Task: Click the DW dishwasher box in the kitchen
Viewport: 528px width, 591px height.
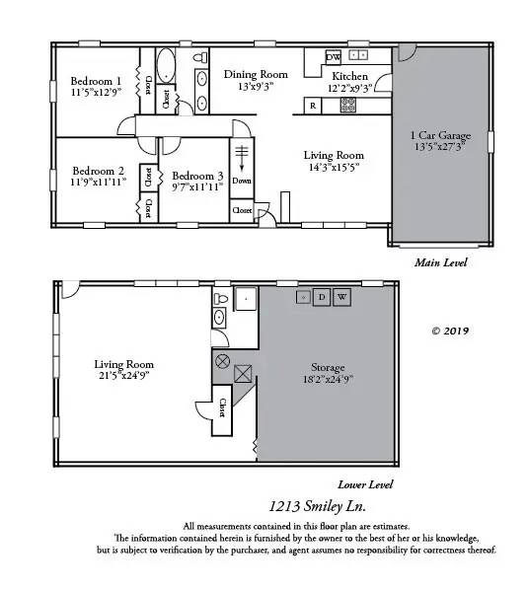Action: (333, 57)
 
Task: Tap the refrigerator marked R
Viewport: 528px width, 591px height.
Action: (313, 106)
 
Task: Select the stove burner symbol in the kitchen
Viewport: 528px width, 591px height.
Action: (347, 106)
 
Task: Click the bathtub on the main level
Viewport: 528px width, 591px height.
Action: (166, 65)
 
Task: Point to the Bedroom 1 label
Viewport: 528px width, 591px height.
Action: (96, 81)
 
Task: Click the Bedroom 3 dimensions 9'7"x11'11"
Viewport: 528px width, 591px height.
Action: (197, 186)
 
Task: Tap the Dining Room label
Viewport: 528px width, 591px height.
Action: (256, 74)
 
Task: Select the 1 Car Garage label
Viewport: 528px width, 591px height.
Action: (440, 135)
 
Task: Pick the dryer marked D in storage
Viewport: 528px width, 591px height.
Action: (322, 297)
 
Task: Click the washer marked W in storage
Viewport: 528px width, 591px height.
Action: (341, 297)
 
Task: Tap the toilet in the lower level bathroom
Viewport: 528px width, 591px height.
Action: (221, 299)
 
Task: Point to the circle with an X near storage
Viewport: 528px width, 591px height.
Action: (222, 361)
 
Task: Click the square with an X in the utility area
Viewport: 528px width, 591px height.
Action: (243, 374)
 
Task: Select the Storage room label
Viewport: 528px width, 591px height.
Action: (328, 367)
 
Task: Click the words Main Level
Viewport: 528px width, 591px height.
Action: (441, 262)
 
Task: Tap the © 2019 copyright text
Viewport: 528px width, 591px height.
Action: (450, 331)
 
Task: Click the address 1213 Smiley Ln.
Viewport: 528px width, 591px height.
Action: (317, 506)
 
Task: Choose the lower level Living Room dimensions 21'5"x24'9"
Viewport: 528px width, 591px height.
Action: (124, 375)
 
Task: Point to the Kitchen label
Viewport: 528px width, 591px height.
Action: (349, 76)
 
